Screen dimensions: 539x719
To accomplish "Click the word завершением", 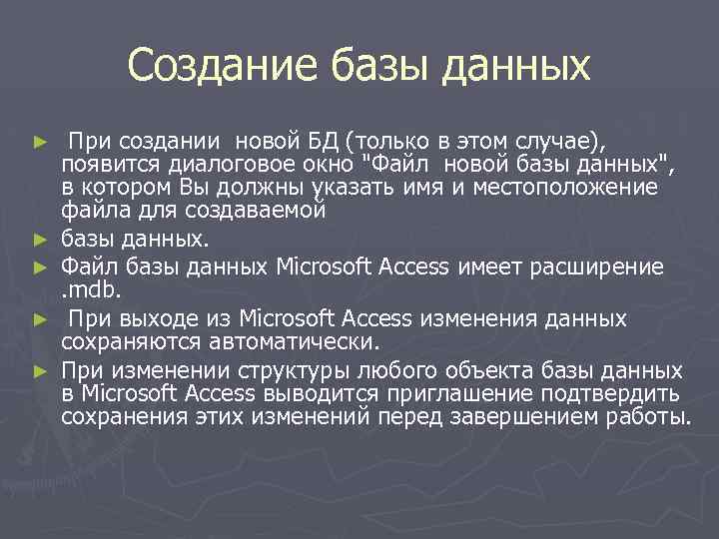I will (x=527, y=416).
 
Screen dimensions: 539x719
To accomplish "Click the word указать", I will (x=349, y=188).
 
